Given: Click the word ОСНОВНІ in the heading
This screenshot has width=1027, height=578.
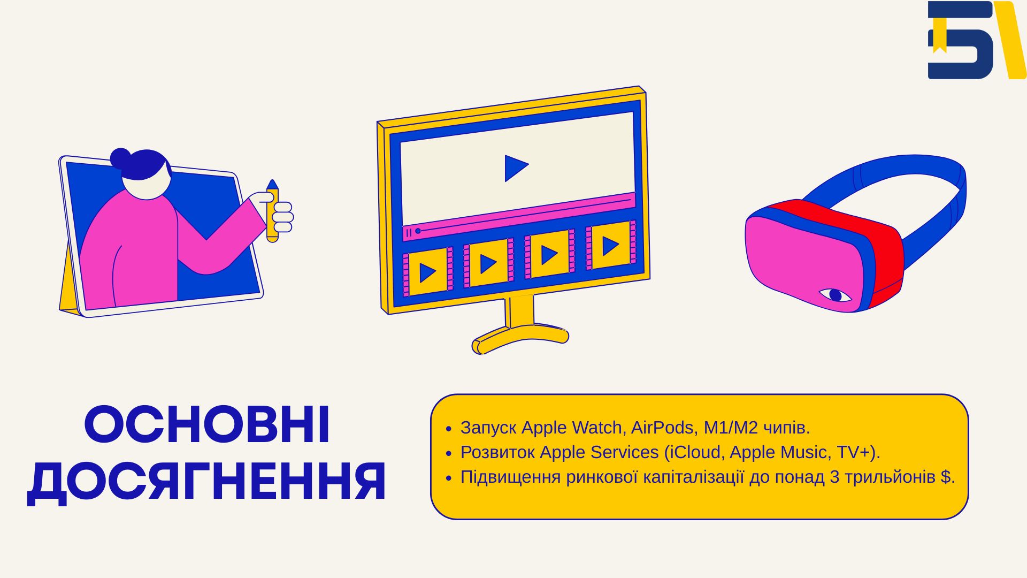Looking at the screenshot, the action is point(207,425).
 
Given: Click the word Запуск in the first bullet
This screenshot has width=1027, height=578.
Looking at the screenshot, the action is point(488,428).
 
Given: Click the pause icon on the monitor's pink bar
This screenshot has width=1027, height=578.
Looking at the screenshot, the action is point(409,233).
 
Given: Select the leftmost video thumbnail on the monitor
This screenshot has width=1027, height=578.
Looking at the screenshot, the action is point(427,272).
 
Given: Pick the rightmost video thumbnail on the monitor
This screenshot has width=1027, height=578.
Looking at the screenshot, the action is point(611,246).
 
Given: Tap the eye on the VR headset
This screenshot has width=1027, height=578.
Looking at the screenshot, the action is point(834,295).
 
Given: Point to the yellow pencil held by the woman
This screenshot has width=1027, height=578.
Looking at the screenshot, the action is point(272,211).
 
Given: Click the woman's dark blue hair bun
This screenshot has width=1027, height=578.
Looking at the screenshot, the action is point(120,158).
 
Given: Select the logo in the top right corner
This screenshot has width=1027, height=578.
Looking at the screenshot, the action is point(977,40).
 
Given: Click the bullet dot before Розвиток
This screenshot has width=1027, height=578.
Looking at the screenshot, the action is point(449,453).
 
